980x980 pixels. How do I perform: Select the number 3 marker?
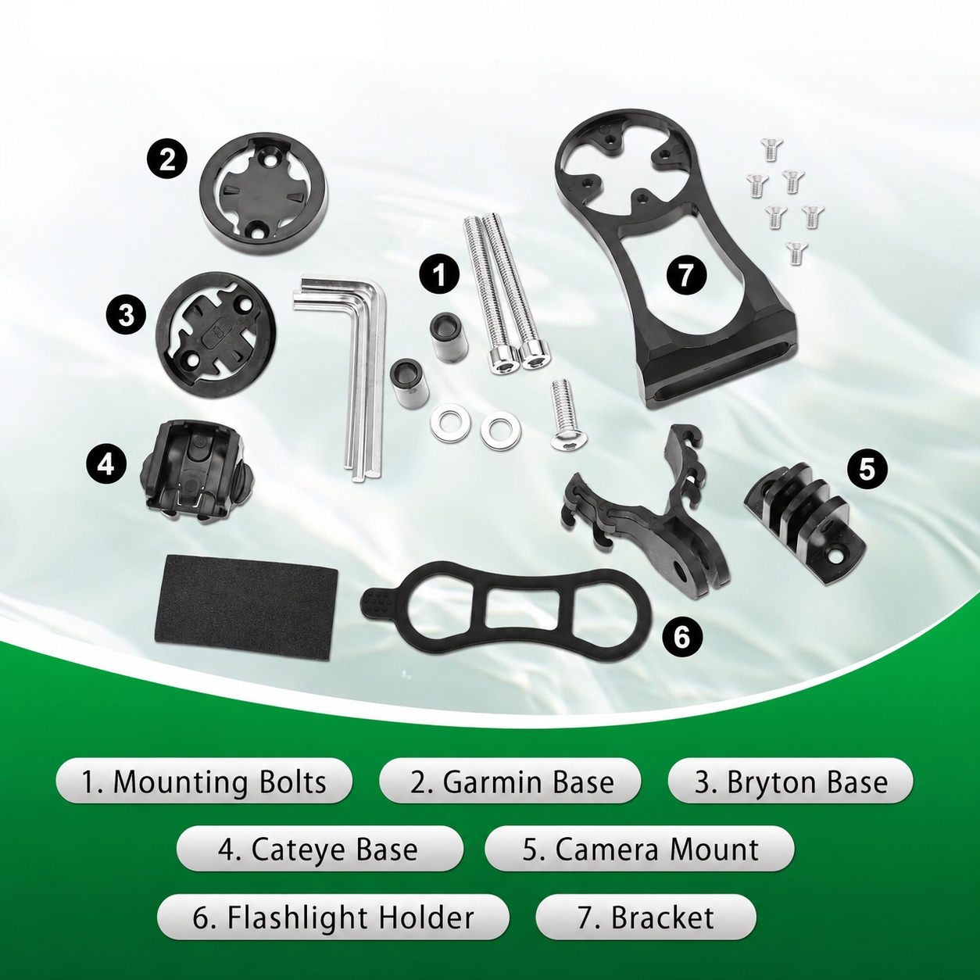coord(126,315)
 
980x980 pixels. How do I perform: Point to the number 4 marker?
coord(106,463)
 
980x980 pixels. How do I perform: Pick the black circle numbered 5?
coord(867,470)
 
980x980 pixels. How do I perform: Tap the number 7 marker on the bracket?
coord(687,274)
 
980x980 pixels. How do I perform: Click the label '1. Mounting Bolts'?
coord(204,782)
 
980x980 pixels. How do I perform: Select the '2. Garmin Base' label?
coord(513,782)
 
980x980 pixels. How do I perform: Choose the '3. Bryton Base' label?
coord(791,782)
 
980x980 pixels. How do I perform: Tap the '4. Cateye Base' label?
coord(320,849)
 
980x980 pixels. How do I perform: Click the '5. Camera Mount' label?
coord(640,849)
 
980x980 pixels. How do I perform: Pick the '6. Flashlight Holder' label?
coord(333,917)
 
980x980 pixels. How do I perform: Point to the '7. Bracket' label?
coord(646,917)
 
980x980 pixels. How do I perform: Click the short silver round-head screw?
coord(567,414)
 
